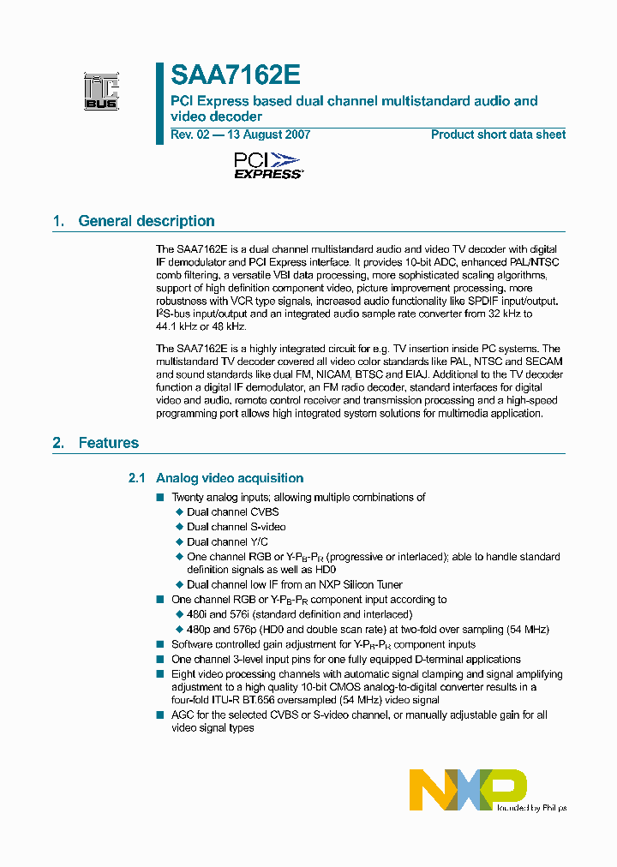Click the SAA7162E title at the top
[235, 76]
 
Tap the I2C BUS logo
[101, 93]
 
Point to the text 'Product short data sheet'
[498, 135]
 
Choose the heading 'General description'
[146, 221]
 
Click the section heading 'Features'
[108, 443]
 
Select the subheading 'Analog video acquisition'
[230, 478]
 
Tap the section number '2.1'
[137, 478]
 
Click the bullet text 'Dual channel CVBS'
[232, 512]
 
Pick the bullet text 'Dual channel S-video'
[237, 527]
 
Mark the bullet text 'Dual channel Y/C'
[227, 541]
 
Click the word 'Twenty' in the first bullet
[188, 497]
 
